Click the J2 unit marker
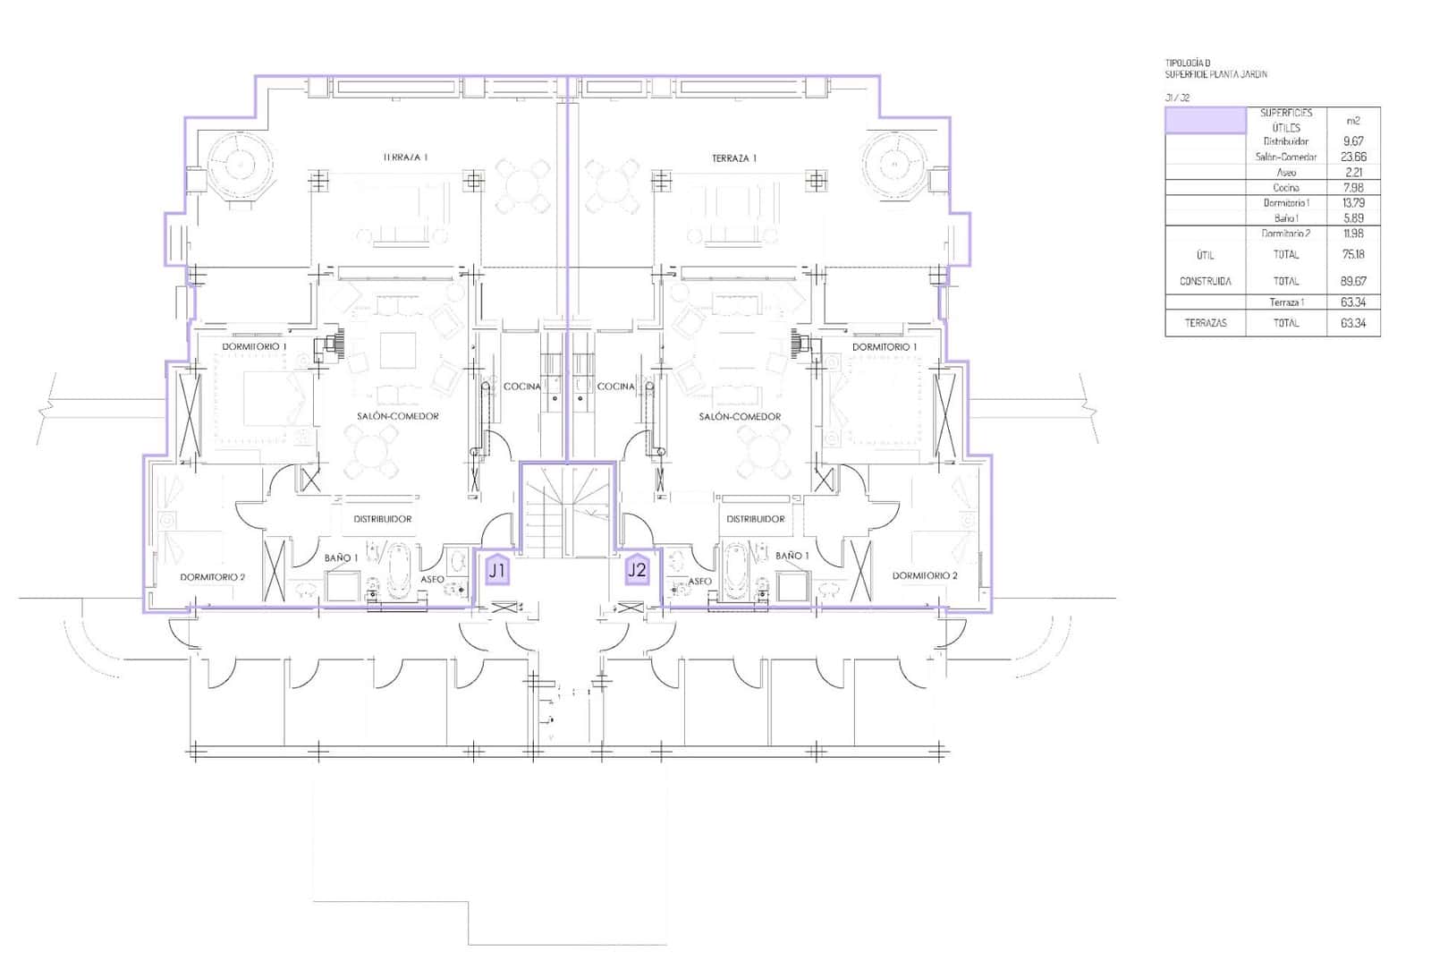[x=637, y=569]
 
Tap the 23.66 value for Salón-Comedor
[x=1353, y=157]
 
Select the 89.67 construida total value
[x=1353, y=281]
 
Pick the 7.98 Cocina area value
[x=1353, y=188]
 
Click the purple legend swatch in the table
[x=1205, y=121]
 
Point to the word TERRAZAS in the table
[x=1205, y=323]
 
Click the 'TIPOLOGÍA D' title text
[x=1188, y=63]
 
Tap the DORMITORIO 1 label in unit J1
[x=255, y=346]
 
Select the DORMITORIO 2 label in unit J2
[x=925, y=575]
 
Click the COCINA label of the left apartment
[x=522, y=387]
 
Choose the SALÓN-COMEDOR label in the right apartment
[x=740, y=416]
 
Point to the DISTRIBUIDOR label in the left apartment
[x=383, y=519]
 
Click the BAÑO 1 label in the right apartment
[x=792, y=556]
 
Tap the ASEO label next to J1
[x=433, y=580]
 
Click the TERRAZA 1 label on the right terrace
[x=734, y=158]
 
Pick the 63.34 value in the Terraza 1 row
[x=1353, y=302]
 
